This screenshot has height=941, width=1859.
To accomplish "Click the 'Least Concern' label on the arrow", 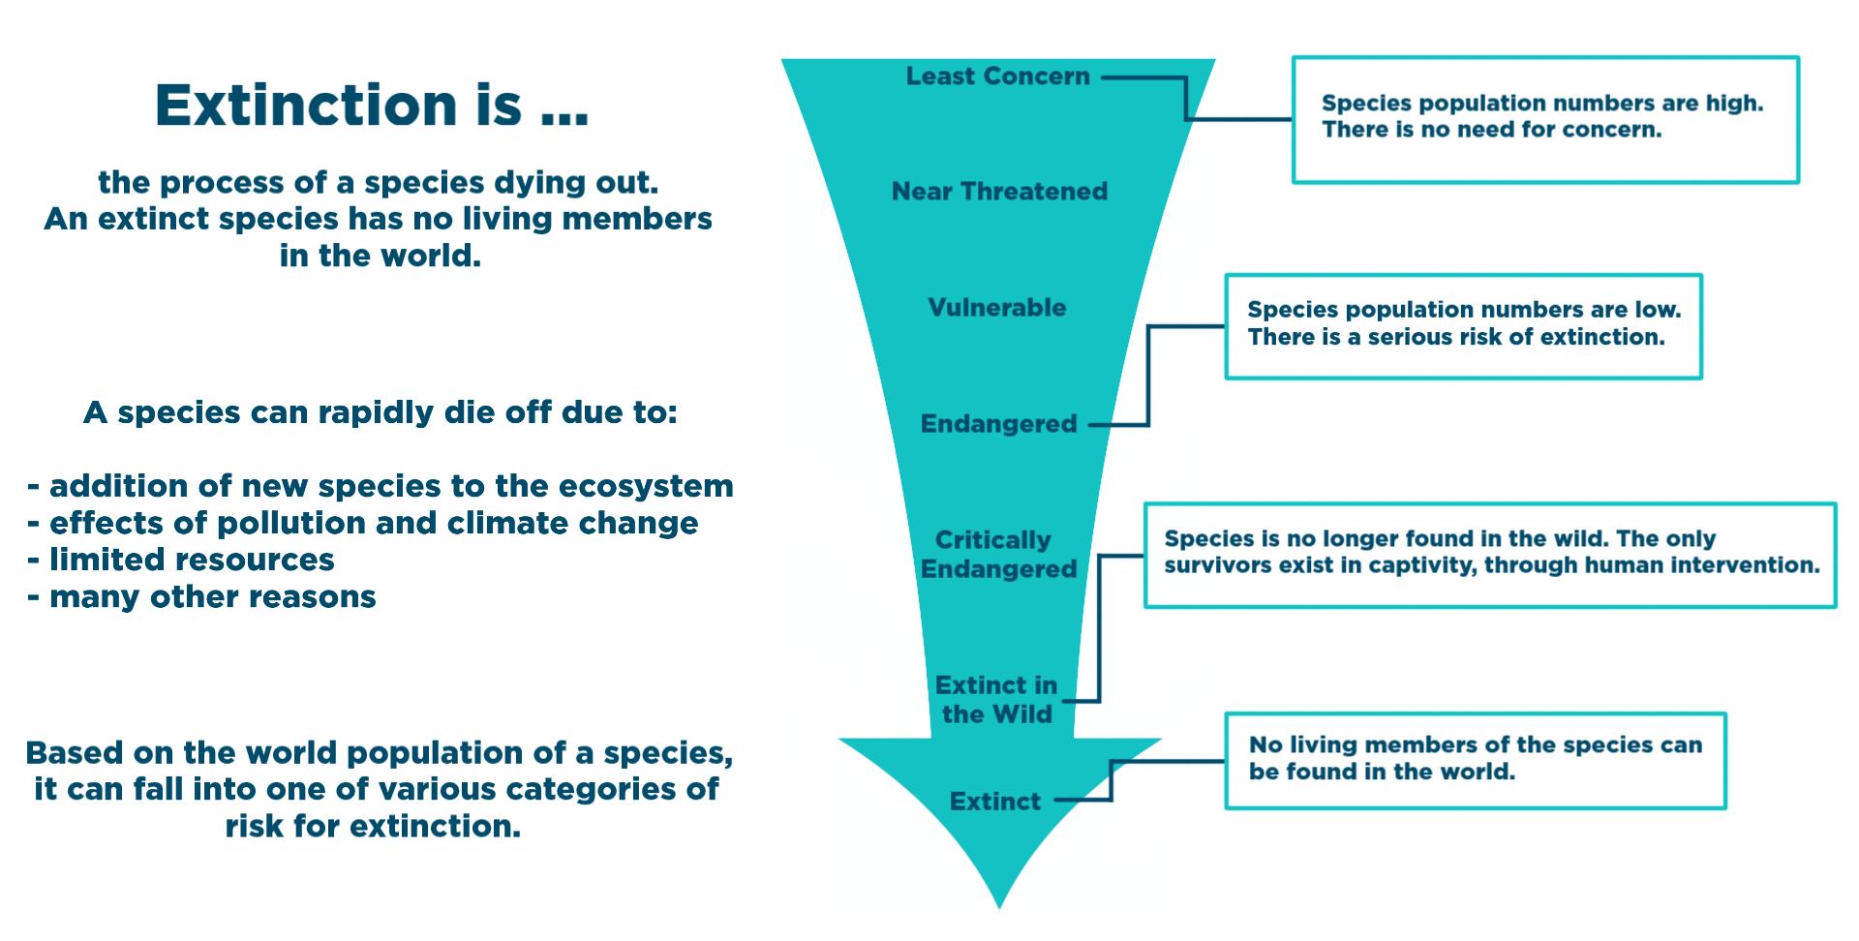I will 997,76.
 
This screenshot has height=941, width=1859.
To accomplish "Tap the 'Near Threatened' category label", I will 999,192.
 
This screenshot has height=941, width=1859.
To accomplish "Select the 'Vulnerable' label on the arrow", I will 996,308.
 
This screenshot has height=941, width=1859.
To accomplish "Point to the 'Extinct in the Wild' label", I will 996,700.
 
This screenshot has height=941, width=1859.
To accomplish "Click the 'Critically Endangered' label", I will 997,554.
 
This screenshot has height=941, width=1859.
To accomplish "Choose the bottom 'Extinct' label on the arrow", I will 995,802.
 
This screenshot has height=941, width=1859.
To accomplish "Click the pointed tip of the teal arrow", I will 999,902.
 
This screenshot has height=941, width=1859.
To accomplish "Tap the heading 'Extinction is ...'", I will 372,105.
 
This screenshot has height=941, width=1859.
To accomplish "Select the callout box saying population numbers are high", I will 1545,119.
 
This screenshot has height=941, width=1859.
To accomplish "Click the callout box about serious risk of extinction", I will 1463,326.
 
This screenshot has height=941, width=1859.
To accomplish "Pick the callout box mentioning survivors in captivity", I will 1490,555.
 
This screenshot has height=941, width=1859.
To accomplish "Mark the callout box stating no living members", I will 1475,761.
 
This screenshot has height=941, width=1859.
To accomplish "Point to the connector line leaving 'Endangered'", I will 1148,378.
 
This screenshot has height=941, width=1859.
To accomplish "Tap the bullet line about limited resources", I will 181,560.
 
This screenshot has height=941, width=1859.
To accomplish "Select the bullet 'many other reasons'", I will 201,596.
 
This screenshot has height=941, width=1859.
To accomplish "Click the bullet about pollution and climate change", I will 363,523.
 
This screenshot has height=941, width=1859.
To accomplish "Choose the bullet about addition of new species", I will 381,486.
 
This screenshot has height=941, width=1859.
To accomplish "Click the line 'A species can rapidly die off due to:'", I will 381,412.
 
